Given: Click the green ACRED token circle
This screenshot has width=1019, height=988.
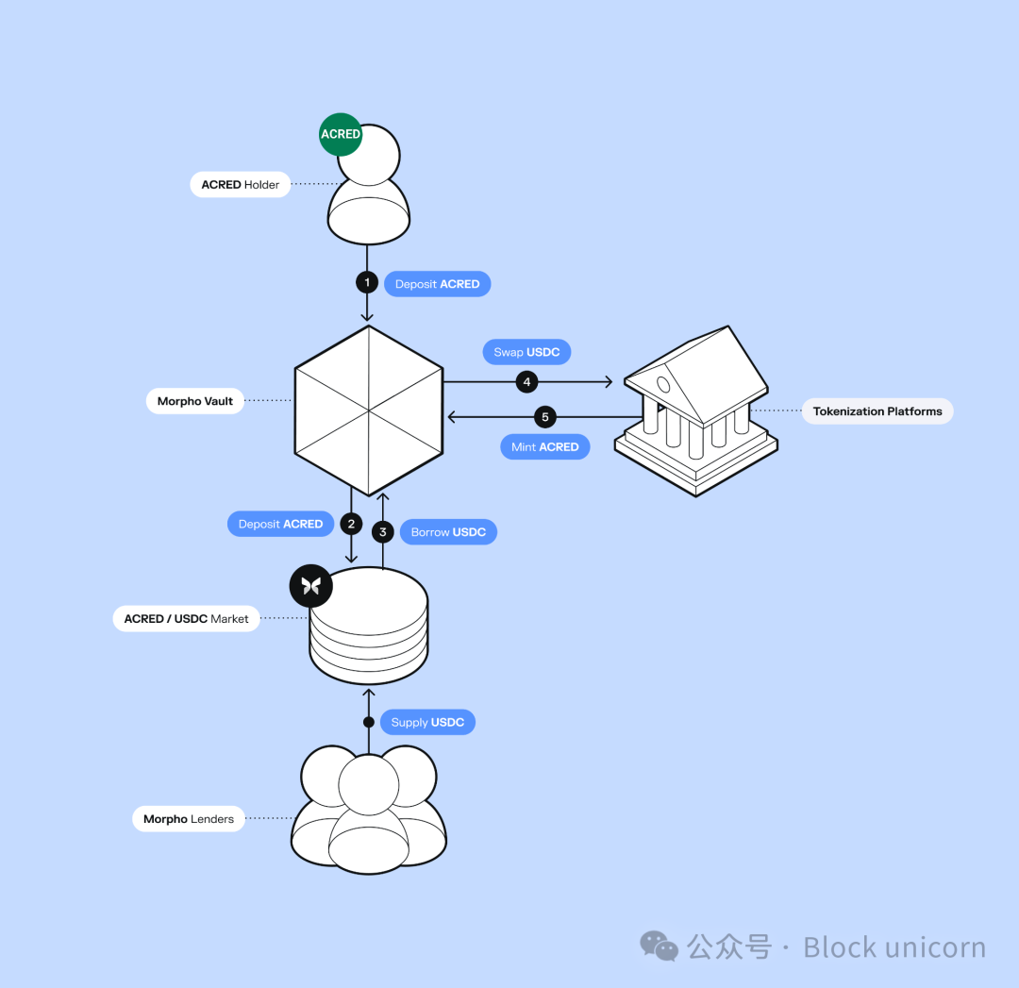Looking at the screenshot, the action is (x=341, y=135).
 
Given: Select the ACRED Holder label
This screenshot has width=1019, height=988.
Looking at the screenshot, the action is (x=240, y=185).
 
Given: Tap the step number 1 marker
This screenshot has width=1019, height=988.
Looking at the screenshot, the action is (x=367, y=282).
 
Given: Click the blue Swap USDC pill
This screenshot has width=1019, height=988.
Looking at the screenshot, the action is (x=526, y=352).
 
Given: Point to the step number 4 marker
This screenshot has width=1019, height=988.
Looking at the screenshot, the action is (x=527, y=381).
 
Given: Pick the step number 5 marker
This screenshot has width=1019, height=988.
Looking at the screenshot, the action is (x=545, y=417).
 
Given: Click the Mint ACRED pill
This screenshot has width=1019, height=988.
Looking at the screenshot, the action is (x=544, y=446).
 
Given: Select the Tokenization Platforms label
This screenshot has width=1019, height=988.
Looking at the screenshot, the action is (x=877, y=411).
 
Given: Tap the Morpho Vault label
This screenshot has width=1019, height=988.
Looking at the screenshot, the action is (x=195, y=401).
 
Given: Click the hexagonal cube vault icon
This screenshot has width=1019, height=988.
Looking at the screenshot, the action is (x=369, y=410).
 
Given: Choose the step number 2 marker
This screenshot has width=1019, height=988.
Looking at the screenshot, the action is (x=352, y=524).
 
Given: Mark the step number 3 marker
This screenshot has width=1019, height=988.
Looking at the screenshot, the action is (x=383, y=531).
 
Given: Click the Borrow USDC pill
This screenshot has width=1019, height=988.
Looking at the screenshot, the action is (x=448, y=531).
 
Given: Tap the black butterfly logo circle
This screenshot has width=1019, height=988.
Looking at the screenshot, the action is (x=311, y=586).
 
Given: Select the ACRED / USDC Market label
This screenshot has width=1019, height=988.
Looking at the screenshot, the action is (x=187, y=619).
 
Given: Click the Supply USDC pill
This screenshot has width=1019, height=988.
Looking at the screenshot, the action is (x=427, y=722).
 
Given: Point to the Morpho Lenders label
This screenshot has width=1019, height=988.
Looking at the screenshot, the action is (x=189, y=819).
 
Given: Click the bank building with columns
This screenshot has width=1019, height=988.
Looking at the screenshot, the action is (x=696, y=410).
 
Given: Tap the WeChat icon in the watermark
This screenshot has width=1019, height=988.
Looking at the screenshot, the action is (x=659, y=946).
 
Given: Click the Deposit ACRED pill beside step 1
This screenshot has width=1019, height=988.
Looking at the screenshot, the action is (x=438, y=284).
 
